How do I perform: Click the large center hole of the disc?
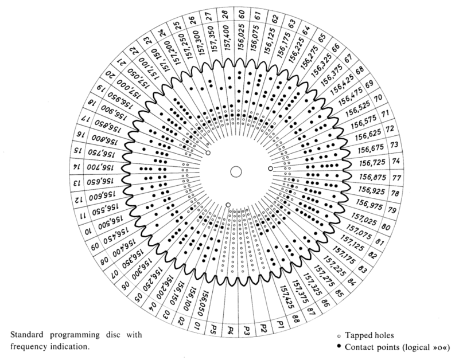click(235, 171)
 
